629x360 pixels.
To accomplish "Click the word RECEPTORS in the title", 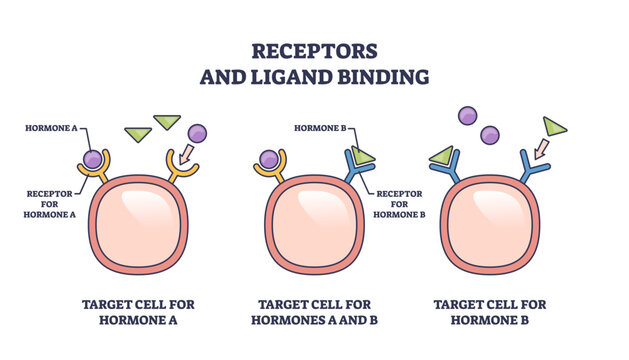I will click(x=315, y=51).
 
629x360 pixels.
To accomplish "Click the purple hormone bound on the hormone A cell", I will click(x=93, y=158).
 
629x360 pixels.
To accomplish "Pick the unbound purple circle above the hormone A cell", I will click(x=197, y=132).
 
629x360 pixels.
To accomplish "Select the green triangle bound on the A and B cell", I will click(x=362, y=155).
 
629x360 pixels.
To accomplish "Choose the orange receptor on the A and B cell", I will click(x=269, y=172).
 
